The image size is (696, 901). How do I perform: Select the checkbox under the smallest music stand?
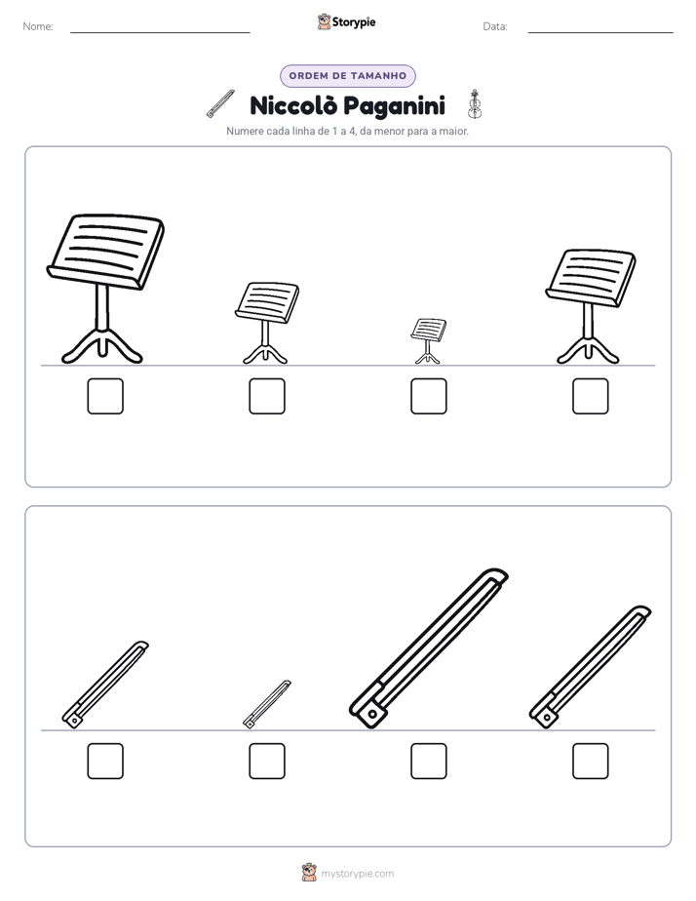coord(428,396)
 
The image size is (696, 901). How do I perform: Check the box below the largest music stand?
coord(105,396)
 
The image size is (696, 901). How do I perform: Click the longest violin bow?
coord(429,648)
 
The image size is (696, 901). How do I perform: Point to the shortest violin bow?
coord(267,704)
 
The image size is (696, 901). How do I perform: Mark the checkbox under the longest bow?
coord(428,761)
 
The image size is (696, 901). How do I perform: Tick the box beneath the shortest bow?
coord(267,761)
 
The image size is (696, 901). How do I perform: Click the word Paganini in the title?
coord(395,107)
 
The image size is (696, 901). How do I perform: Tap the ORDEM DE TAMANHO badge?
coord(347,76)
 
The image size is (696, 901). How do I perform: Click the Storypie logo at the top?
coord(346,22)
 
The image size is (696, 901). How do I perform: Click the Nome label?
coord(38,26)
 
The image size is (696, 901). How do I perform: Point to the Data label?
coord(495,26)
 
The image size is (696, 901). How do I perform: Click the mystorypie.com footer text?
coord(357,874)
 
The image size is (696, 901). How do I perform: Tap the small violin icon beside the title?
coord(475,104)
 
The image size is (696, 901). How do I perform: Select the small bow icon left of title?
coord(220,104)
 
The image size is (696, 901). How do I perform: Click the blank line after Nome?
coord(160,33)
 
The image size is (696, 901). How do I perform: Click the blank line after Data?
coord(600,33)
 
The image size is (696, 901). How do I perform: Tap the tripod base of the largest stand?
coord(102,346)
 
